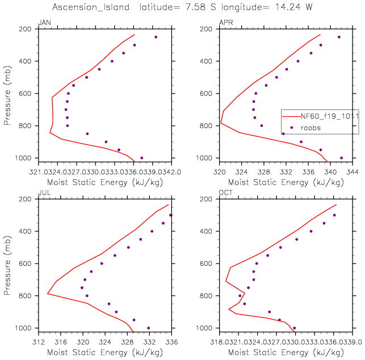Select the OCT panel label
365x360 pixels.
pos(225,193)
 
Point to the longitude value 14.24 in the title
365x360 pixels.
pos(287,7)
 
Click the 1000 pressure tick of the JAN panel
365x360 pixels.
pos(26,158)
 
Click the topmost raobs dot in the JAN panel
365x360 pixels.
pos(156,37)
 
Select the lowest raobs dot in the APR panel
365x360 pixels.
pos(341,158)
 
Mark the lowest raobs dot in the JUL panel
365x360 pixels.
pos(149,328)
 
